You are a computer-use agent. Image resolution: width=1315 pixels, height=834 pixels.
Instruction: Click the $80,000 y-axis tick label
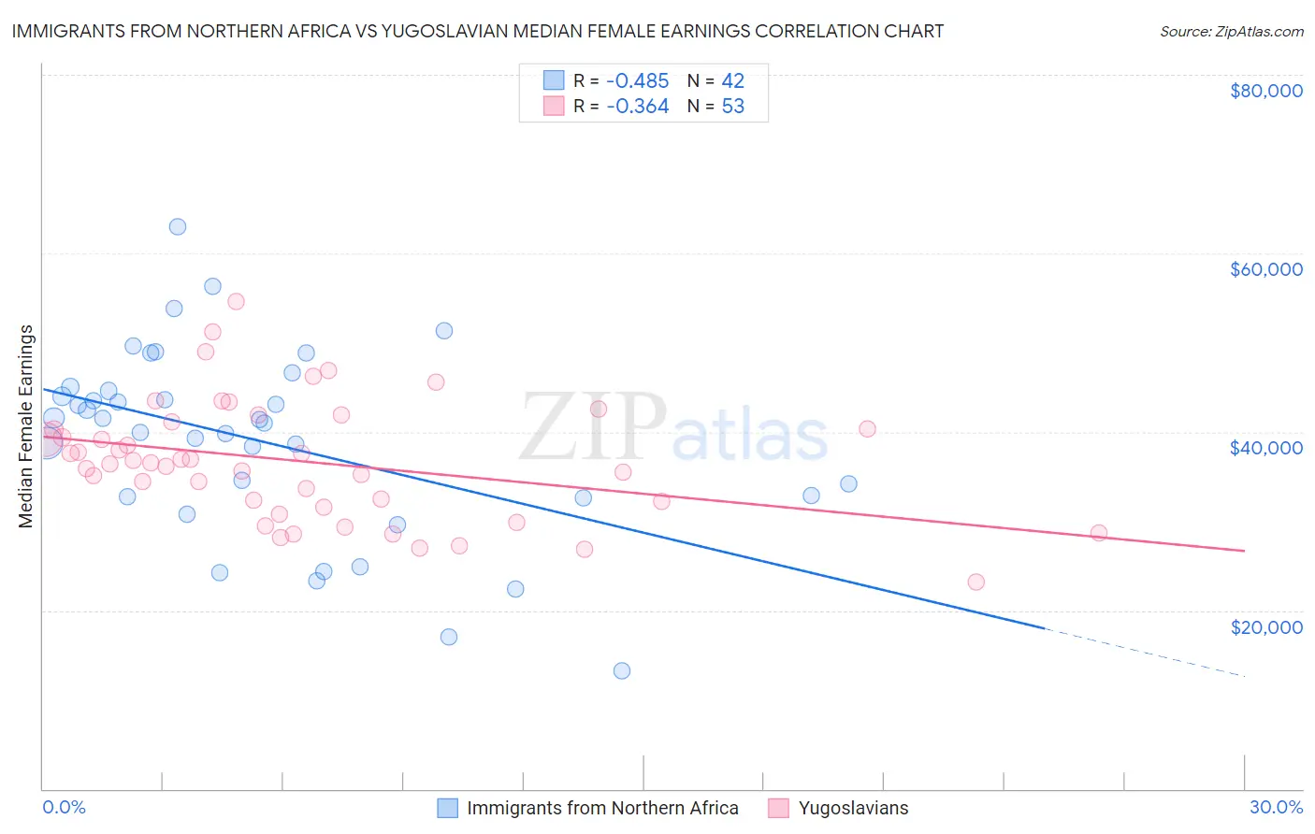(1265, 91)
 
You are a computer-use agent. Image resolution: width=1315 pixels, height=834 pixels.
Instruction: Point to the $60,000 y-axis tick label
(1265, 269)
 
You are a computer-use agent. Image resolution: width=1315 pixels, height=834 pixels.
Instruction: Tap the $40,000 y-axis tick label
(1265, 448)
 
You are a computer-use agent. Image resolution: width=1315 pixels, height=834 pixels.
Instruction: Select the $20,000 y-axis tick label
(1265, 626)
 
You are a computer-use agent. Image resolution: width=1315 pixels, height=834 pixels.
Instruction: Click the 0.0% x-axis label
(64, 807)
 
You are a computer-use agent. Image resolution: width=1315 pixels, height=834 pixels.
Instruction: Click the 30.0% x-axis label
(1276, 807)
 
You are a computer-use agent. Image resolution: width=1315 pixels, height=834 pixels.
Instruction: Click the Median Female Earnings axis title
(26, 426)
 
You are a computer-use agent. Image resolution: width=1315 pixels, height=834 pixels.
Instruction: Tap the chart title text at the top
(477, 31)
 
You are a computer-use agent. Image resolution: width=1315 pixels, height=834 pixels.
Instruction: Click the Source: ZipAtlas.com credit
(1231, 31)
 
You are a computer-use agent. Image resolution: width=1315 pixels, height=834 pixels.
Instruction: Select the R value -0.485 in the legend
(637, 80)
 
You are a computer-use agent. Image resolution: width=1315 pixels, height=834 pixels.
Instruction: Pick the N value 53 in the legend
(732, 107)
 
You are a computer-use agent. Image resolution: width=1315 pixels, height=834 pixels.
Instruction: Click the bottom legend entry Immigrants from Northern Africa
(602, 808)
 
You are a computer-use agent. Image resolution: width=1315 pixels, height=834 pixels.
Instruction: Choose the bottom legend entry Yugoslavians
(853, 808)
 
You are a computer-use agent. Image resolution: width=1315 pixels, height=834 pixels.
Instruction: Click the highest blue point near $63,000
(178, 226)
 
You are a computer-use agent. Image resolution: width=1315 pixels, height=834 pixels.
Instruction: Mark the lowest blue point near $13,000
(622, 670)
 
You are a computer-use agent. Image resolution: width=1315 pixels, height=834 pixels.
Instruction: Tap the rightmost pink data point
(1099, 533)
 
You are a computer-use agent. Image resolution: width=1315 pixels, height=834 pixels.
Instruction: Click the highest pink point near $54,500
(236, 301)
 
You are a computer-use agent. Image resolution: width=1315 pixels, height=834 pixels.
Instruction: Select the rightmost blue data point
(848, 483)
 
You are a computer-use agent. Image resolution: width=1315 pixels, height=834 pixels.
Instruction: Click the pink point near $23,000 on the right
(976, 582)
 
